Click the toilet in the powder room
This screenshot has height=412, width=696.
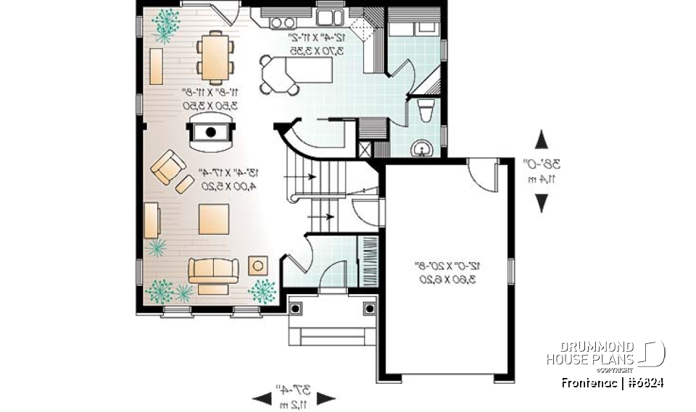(x=426, y=112)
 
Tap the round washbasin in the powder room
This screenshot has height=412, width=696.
(x=421, y=149)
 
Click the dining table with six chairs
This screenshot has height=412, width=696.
(x=215, y=56)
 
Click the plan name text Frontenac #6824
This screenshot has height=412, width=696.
(x=613, y=382)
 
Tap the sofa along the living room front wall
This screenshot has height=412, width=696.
(x=213, y=272)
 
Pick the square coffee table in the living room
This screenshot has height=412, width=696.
(x=214, y=219)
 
